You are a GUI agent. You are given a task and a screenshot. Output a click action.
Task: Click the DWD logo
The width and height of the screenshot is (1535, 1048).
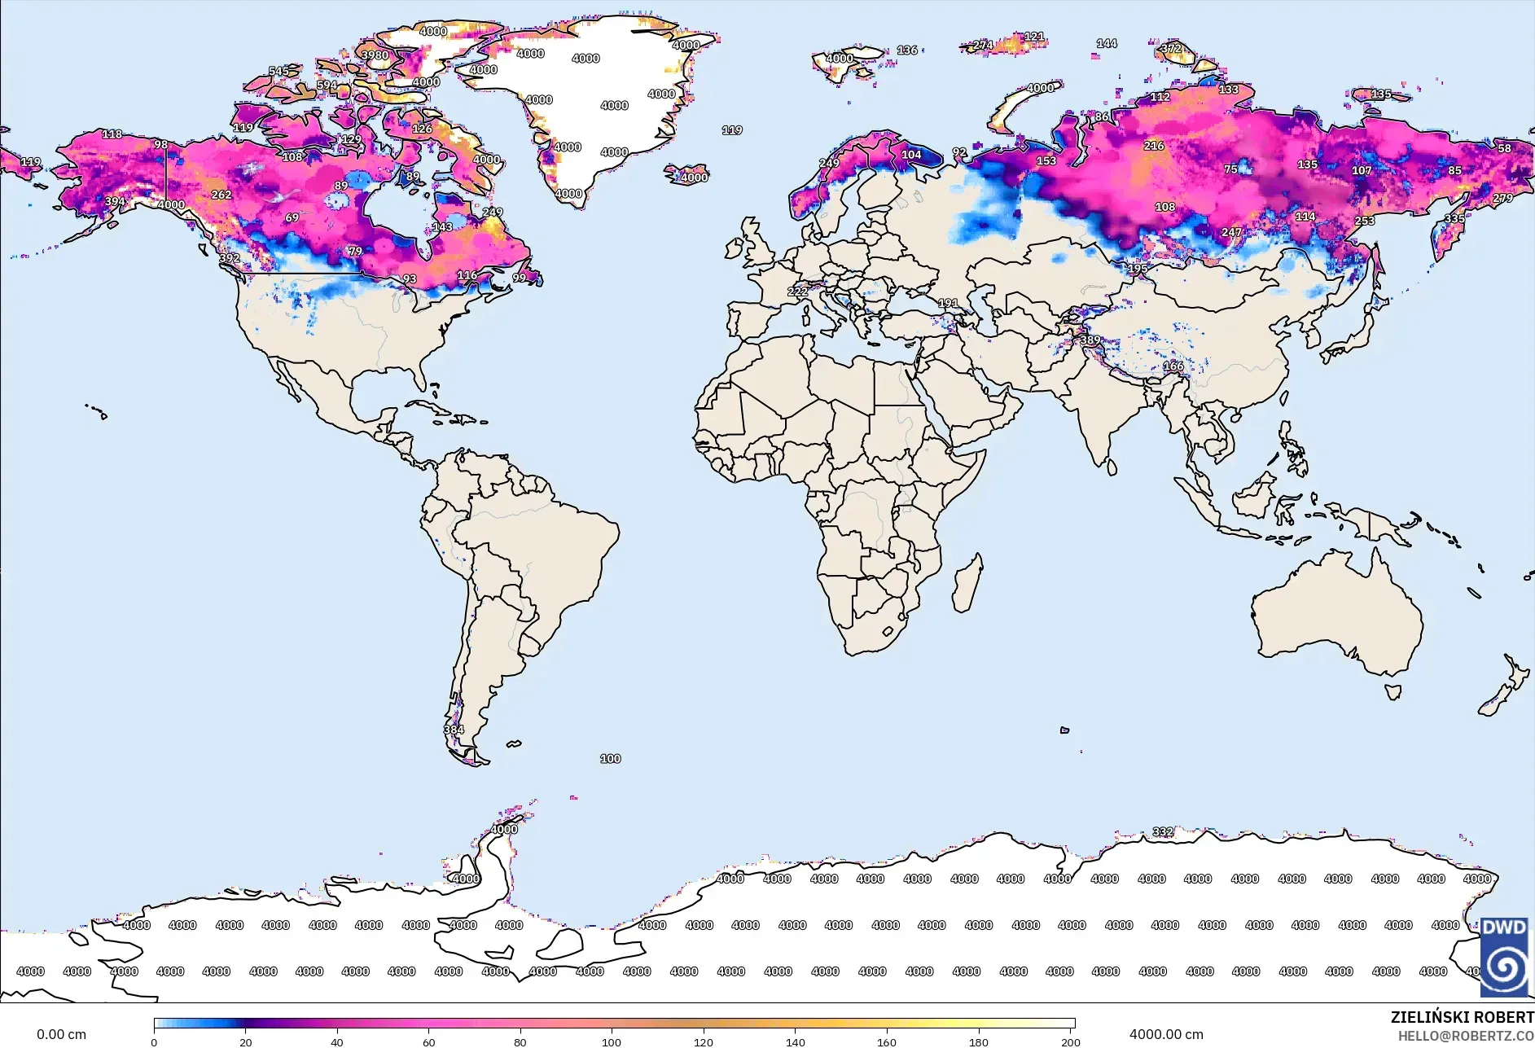[1504, 956]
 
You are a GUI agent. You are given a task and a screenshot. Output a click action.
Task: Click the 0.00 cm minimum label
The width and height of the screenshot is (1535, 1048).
[61, 1034]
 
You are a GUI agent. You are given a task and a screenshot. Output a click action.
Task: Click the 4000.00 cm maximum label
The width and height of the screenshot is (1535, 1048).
[1165, 1034]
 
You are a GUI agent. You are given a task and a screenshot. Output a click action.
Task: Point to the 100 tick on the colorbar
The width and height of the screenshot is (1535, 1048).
[611, 1041]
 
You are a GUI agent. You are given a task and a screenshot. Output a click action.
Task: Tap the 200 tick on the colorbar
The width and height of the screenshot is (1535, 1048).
[1070, 1041]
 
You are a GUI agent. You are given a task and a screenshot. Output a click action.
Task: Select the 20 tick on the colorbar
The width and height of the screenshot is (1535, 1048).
[245, 1041]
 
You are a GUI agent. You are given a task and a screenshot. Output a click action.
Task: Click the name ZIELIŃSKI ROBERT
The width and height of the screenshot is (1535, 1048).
[1462, 1017]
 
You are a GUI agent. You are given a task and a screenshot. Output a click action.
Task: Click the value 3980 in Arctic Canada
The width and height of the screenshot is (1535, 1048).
[375, 55]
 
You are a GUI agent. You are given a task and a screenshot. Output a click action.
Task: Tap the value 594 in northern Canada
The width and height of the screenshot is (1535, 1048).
[327, 85]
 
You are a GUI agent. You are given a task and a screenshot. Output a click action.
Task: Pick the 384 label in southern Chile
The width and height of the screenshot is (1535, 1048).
[454, 730]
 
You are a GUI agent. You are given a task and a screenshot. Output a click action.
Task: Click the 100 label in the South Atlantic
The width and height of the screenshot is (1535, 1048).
[610, 758]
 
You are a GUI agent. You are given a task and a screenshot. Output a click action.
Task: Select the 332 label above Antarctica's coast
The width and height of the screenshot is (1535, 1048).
[1163, 831]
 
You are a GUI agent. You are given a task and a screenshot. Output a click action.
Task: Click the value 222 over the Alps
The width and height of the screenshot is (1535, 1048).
[797, 292]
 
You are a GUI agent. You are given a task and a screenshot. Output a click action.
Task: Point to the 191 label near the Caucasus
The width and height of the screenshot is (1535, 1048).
[948, 303]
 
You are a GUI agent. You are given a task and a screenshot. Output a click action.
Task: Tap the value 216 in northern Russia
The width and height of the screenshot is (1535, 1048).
[1153, 146]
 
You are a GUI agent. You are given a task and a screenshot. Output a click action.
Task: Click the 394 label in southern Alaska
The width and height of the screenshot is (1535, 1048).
[115, 201]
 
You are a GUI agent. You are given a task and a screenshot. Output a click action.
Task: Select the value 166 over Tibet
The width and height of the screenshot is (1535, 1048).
[1173, 366]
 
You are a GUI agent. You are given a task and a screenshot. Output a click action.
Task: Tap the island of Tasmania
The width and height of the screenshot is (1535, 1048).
[1393, 692]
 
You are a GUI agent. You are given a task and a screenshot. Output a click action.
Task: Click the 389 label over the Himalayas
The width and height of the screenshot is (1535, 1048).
[1090, 340]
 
